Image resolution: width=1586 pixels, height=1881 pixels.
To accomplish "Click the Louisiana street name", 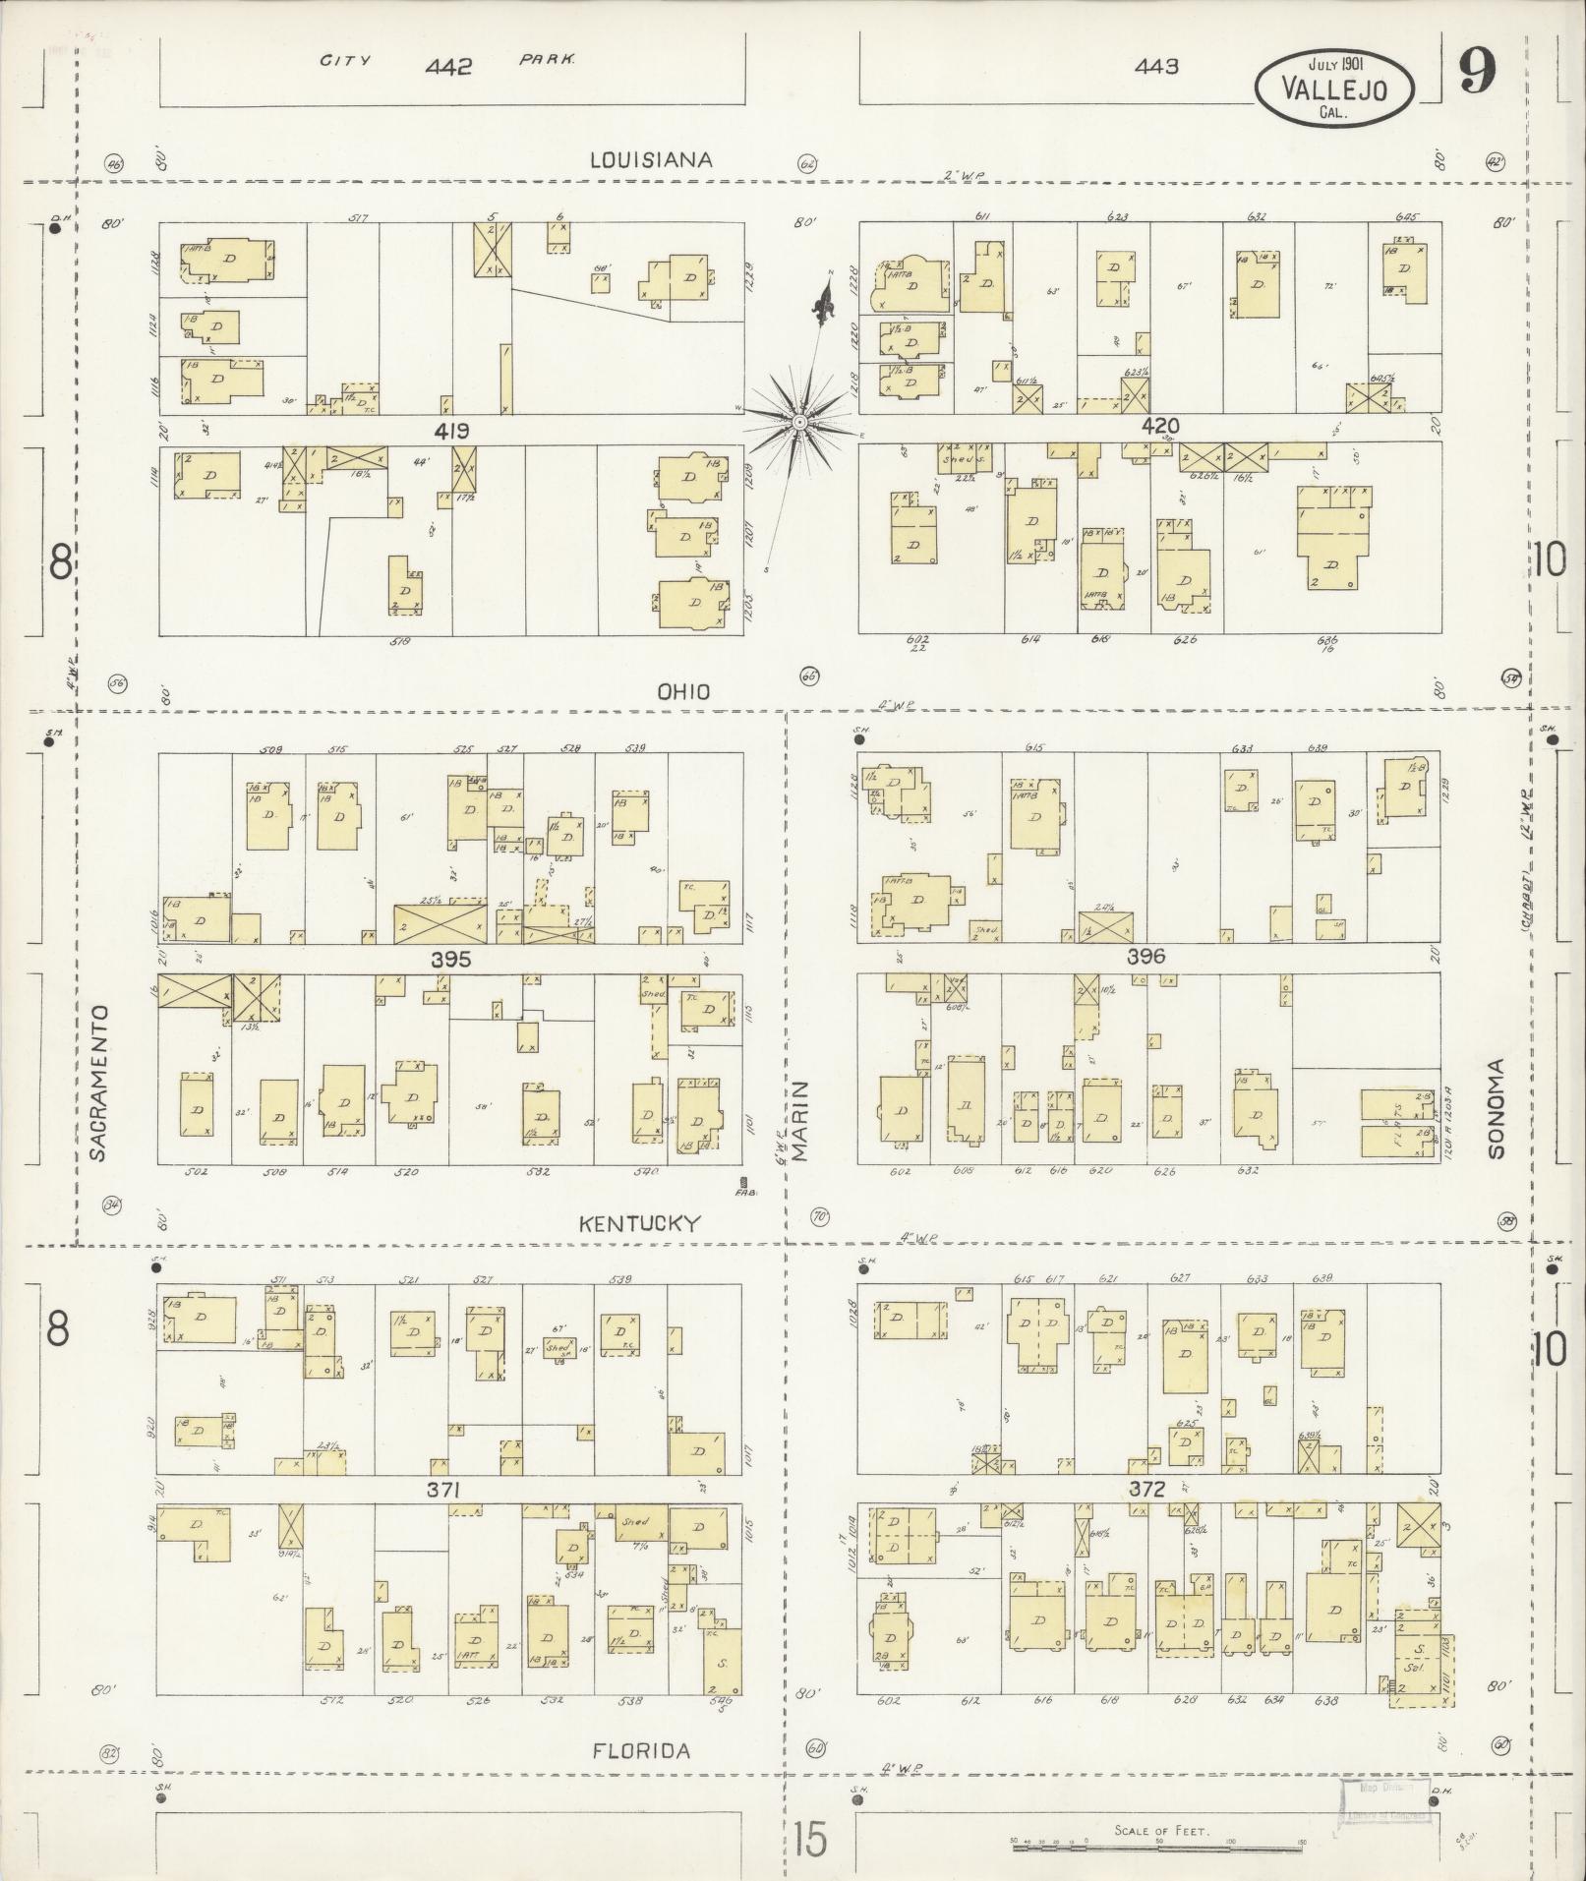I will pos(650,159).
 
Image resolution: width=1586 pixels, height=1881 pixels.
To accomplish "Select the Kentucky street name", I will pos(639,1223).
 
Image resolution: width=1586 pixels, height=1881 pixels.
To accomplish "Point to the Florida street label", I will pos(642,1750).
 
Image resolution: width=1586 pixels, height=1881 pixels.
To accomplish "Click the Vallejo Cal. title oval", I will pos(1334,88).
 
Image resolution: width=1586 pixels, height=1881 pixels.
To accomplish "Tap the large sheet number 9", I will pos(1477,71).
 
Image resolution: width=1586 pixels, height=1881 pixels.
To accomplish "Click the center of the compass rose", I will pos(799,422).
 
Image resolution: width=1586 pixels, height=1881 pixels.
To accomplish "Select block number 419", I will pos(454,431).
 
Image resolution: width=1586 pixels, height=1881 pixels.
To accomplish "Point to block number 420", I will pos(1160,426).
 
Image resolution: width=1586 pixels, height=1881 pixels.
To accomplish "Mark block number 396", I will pos(1145,956).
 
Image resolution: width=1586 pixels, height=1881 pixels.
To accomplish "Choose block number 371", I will pos(443,1491).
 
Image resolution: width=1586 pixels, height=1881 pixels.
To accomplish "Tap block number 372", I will pos(1146,1489).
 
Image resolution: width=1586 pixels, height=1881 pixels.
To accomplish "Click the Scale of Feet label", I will pos(1161,1830).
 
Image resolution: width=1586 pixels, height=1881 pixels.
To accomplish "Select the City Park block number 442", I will pos(449,67).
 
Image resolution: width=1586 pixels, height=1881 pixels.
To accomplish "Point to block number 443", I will pos(1156,67).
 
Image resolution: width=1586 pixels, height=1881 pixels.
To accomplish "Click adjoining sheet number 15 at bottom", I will pos(812,1840).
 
